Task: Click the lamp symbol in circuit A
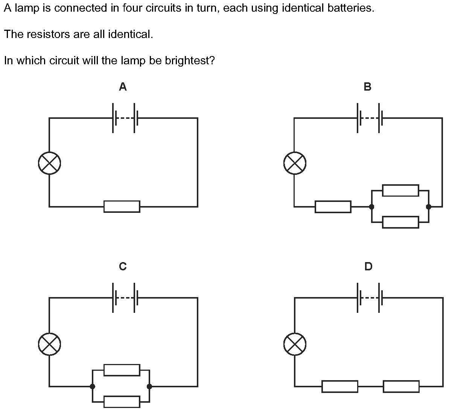pos(49,163)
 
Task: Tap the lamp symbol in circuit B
pos(295,163)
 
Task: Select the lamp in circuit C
pos(49,344)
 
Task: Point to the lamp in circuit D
pos(295,344)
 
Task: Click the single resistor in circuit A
pos(122,206)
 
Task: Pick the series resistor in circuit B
pos(333,206)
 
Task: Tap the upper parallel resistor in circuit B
pos(400,190)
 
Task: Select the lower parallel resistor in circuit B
pos(400,222)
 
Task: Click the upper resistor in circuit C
pos(122,370)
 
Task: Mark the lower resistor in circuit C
pos(122,402)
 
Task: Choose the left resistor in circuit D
pos(339,386)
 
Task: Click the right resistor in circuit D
pos(401,386)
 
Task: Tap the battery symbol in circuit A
pos(123,118)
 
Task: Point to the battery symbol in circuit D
pos(368,297)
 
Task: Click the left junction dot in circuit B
pos(371,206)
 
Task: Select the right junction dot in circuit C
pos(149,386)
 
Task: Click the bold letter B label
pos(367,86)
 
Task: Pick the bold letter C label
pos(123,266)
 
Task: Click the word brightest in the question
pos(190,61)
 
